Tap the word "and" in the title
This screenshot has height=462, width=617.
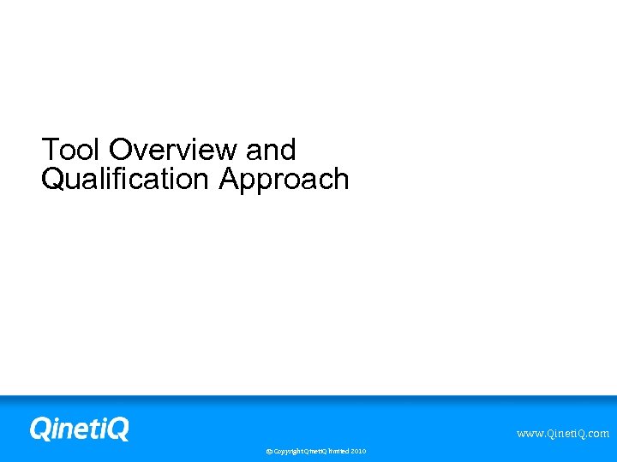(270, 150)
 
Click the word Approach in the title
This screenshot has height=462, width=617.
(284, 180)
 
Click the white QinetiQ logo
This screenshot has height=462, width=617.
(79, 428)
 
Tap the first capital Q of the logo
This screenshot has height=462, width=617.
(40, 428)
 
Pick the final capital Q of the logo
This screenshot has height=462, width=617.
(117, 428)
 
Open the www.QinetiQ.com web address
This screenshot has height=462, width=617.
(562, 434)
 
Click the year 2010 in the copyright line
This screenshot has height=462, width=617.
(358, 451)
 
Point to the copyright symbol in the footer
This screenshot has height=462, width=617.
(269, 451)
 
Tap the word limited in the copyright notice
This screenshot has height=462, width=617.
(337, 451)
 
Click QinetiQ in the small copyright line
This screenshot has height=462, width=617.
(314, 451)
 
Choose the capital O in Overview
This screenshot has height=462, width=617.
(120, 150)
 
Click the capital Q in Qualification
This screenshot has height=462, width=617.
(52, 180)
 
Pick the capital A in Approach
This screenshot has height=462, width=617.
(228, 180)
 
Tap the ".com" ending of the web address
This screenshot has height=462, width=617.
(596, 434)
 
